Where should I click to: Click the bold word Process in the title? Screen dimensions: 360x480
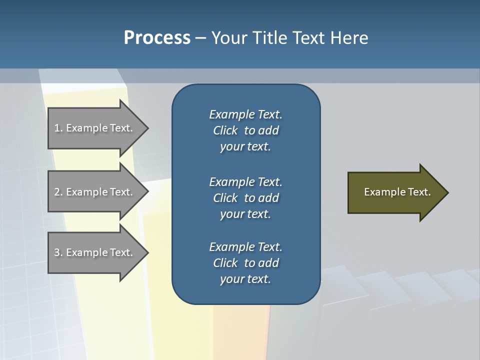tap(157, 38)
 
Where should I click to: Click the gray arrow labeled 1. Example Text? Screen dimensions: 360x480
tap(95, 128)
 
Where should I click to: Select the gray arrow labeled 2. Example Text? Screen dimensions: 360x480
tap(95, 192)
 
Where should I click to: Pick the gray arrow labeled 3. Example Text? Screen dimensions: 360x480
tap(95, 252)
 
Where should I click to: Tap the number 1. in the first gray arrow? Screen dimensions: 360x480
tap(58, 128)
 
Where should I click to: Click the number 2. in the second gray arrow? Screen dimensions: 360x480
tap(58, 192)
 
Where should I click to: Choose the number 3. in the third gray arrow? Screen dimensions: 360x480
tap(58, 252)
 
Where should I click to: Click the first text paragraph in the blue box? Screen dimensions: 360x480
tap(245, 130)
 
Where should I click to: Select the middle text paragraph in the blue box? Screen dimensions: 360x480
tap(245, 198)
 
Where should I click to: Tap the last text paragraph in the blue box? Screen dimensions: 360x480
tap(245, 263)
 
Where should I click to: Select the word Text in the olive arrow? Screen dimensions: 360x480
tap(420, 192)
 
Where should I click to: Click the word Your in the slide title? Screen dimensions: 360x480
tap(228, 38)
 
